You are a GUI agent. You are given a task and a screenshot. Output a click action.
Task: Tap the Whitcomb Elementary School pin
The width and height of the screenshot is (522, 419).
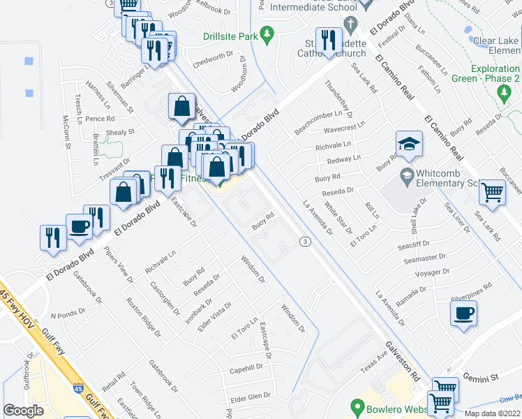405,173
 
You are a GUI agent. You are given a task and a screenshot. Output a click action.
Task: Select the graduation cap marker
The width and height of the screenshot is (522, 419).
409,145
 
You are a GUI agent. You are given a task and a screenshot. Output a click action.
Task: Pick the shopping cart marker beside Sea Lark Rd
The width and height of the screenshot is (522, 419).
493,193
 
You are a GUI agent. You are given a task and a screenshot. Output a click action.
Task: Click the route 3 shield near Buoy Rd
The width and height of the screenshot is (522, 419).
305,242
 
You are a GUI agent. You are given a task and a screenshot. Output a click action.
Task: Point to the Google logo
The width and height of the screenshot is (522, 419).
23,411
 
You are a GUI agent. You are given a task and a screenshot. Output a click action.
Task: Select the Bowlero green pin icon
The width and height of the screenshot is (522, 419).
357,406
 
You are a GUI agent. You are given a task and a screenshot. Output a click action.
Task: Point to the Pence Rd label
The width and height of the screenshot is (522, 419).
100,119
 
